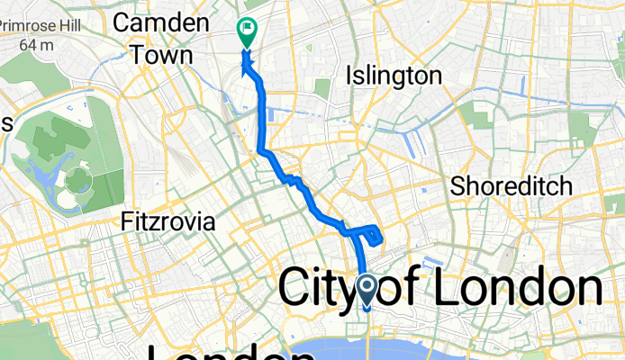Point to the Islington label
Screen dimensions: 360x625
click(x=394, y=76)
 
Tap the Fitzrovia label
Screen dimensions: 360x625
click(x=168, y=220)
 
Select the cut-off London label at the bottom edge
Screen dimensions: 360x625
click(x=216, y=353)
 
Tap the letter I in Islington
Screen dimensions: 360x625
click(x=349, y=76)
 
